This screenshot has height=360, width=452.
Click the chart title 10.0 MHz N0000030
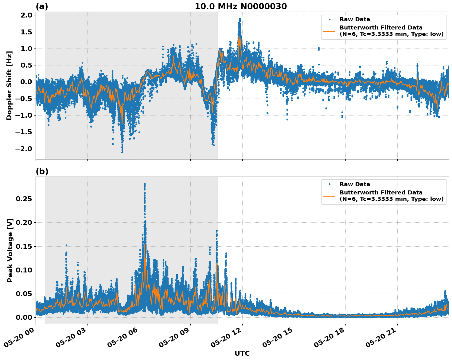click(x=241, y=6)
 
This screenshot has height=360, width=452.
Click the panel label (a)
click(x=42, y=6)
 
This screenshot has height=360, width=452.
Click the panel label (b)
click(x=42, y=171)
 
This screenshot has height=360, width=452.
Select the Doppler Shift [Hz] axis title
click(x=9, y=85)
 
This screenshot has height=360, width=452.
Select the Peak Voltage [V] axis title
click(x=10, y=250)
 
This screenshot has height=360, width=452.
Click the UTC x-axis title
click(x=242, y=353)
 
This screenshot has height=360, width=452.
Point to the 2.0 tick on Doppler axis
click(x=26, y=15)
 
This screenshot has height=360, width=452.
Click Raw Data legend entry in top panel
click(x=355, y=20)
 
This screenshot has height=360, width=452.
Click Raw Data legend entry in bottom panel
click(x=355, y=184)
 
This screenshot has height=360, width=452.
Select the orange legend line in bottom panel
click(x=329, y=196)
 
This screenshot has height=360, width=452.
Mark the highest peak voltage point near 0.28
click(x=145, y=184)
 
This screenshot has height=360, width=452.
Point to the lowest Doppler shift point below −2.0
click(x=122, y=152)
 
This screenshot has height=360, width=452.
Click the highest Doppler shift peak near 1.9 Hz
click(x=240, y=19)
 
